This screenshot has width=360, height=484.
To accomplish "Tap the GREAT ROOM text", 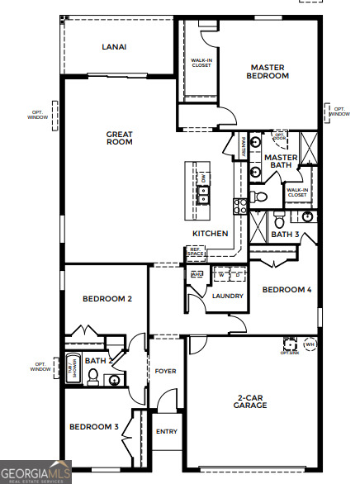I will pyautogui.click(x=119, y=137).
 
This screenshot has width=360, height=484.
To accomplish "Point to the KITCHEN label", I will pyautogui.click(x=211, y=234).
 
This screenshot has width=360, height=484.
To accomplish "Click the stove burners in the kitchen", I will pyautogui.click(x=239, y=206).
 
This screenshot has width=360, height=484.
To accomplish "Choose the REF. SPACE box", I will pyautogui.click(x=197, y=251).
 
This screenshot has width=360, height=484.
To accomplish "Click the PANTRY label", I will pyautogui.click(x=243, y=148).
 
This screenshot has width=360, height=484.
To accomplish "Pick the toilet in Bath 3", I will pyautogui.click(x=279, y=220).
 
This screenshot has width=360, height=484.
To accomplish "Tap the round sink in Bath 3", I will pyautogui.click(x=307, y=216).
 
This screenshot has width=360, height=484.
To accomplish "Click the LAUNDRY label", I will pyautogui.click(x=227, y=295).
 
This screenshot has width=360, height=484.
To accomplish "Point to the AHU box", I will pyautogui.click(x=197, y=273).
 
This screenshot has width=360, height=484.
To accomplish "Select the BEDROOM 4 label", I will pyautogui.click(x=287, y=290).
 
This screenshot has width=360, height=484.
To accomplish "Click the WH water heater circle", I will pyautogui.click(x=310, y=344).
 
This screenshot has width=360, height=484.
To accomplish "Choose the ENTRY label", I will pyautogui.click(x=166, y=431).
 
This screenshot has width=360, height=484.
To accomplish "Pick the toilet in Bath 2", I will pyautogui.click(x=93, y=377).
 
